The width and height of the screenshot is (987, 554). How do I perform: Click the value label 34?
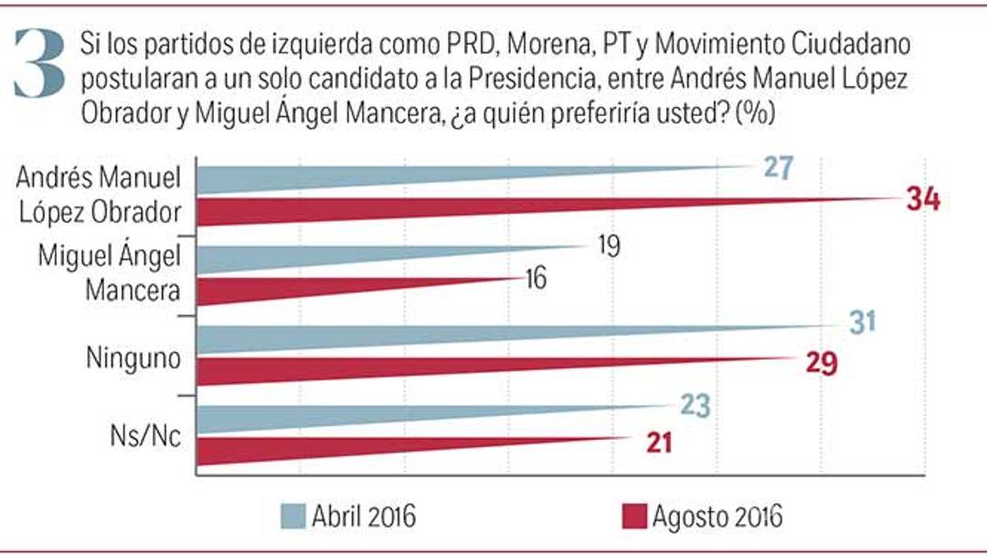(922, 200)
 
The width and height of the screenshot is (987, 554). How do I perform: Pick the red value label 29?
(820, 360)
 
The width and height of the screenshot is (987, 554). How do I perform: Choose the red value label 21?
(655, 442)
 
